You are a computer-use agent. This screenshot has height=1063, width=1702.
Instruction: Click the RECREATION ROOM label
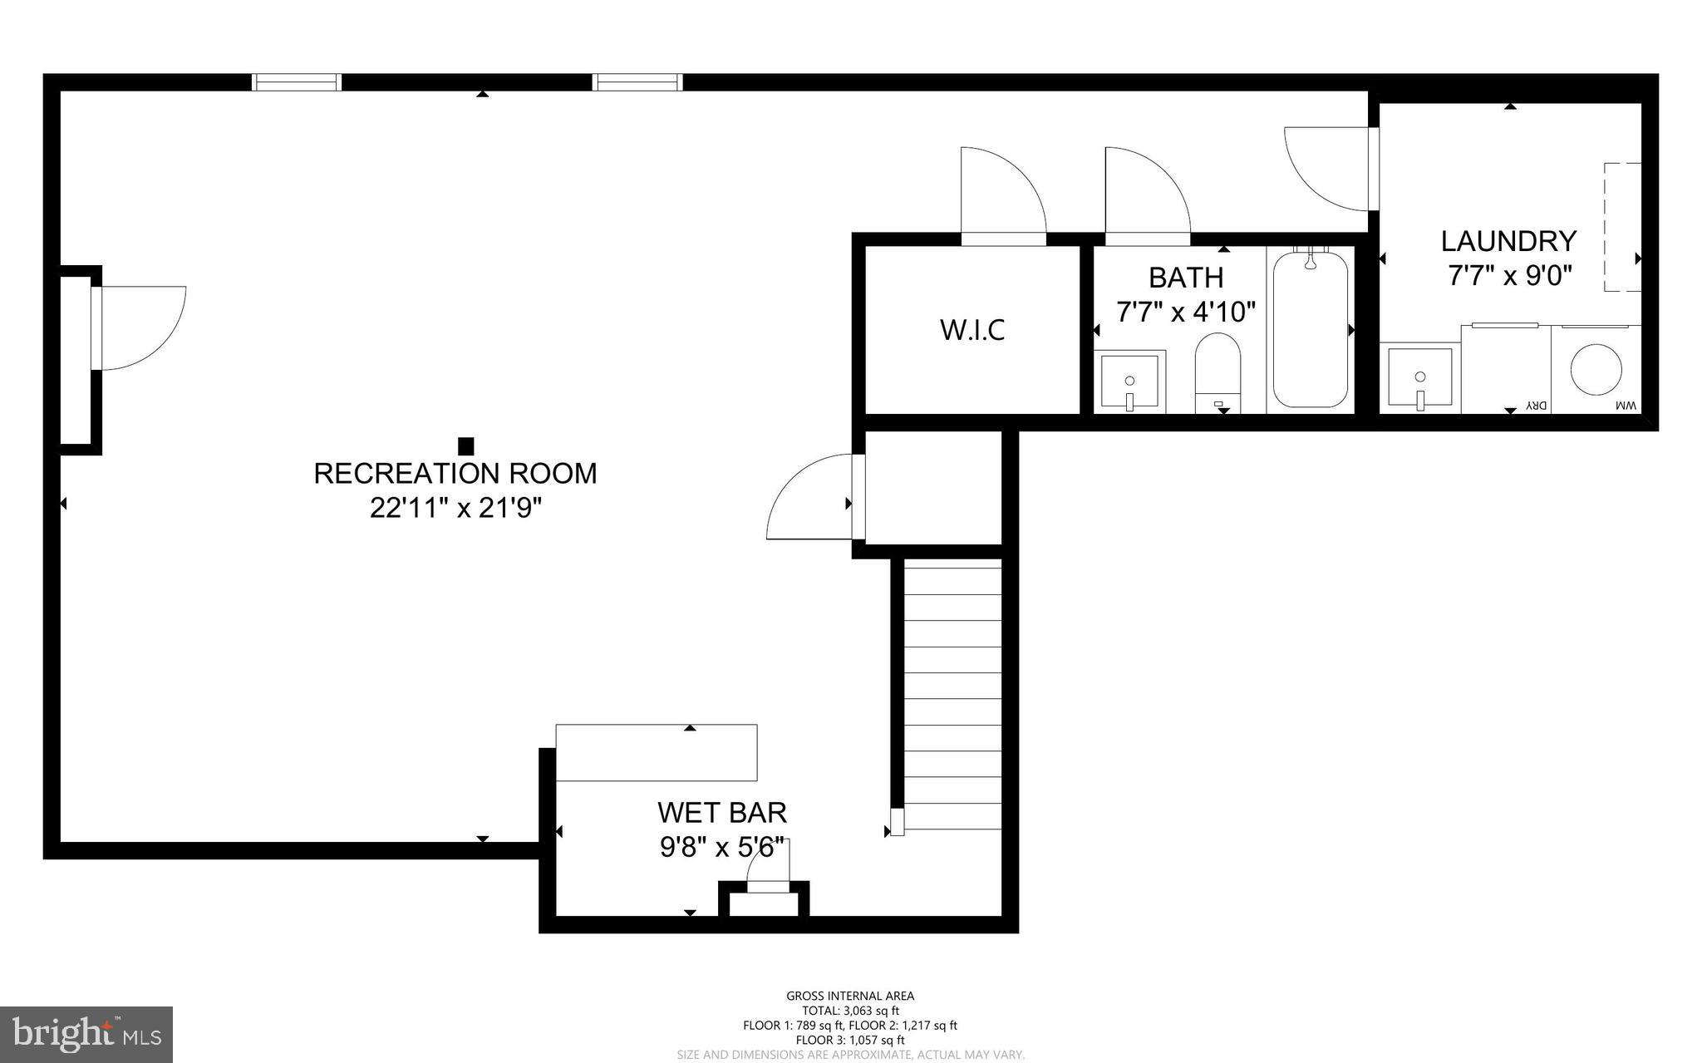point(455,473)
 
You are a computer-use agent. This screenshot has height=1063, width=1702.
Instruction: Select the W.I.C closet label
point(972,330)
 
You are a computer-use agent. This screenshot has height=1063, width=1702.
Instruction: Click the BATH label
point(1186,277)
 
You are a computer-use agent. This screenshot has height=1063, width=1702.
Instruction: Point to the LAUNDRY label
point(1508,241)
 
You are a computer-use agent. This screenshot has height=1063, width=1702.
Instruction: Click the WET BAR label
point(721,811)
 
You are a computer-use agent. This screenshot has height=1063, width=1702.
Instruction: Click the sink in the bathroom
point(1129,381)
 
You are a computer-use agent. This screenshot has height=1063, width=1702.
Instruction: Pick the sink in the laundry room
point(1420,379)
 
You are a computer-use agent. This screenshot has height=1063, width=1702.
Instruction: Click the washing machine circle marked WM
point(1596,370)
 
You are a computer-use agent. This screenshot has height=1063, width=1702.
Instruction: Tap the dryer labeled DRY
point(1506,370)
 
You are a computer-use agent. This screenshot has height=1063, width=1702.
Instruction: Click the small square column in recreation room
point(466,446)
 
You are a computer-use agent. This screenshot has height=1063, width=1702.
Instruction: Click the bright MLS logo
point(86,1034)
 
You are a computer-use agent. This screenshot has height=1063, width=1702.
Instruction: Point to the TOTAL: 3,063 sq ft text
point(850,1011)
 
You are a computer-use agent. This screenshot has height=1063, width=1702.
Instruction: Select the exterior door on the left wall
point(137,327)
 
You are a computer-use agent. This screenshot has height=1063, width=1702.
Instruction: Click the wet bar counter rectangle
point(656,753)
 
